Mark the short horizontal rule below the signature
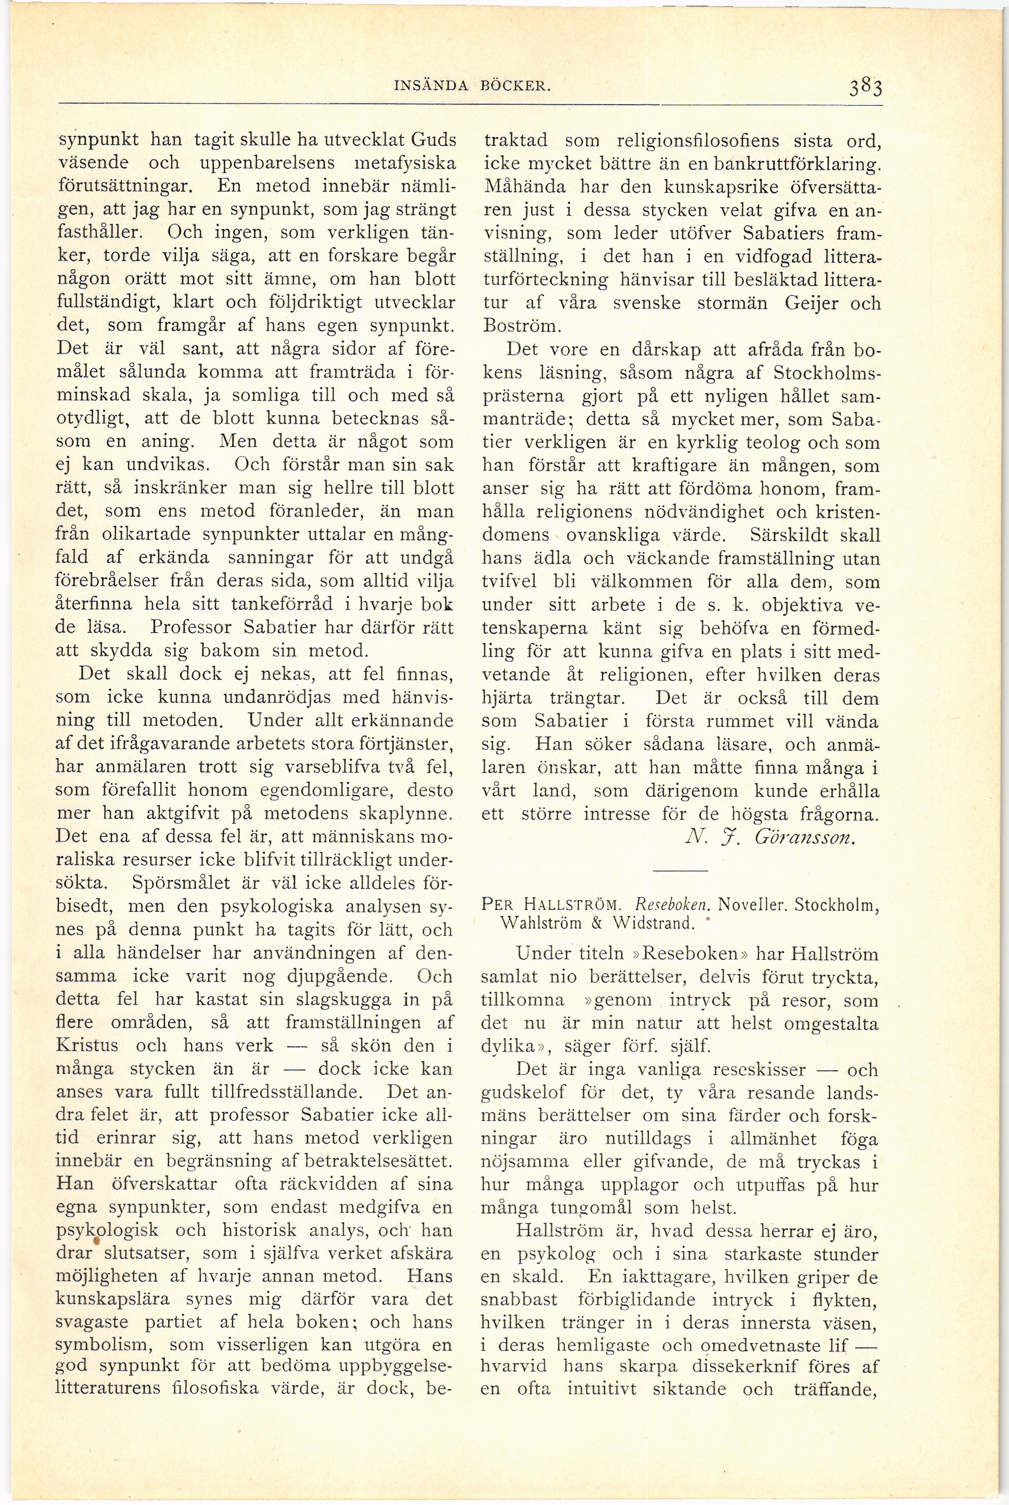click(x=680, y=871)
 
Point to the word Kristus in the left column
click(x=87, y=1045)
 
